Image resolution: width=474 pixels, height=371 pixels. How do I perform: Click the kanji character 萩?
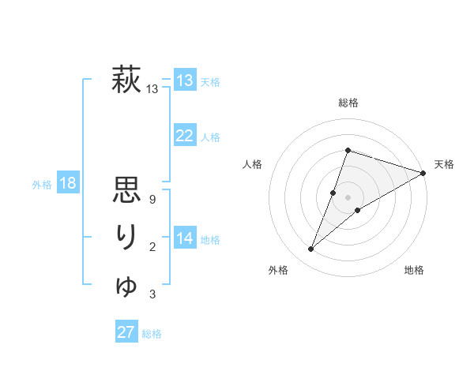(127, 81)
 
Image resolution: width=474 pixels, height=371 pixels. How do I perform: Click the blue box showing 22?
(184, 136)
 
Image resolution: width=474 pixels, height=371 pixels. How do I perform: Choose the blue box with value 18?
(68, 184)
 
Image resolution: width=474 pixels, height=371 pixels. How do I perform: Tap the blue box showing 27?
(126, 332)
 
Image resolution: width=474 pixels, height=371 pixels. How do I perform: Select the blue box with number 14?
(185, 238)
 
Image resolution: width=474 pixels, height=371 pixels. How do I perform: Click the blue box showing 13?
(185, 80)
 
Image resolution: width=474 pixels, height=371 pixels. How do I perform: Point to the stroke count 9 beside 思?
(152, 200)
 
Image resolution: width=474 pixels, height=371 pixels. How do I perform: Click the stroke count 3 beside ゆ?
(152, 295)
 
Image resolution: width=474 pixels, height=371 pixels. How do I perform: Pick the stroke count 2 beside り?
(152, 248)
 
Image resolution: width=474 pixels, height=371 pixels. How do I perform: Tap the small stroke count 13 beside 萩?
(152, 90)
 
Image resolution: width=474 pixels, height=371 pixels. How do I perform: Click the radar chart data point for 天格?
(423, 173)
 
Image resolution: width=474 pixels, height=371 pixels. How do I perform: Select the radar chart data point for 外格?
(311, 249)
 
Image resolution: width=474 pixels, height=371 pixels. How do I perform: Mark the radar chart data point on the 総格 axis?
(348, 150)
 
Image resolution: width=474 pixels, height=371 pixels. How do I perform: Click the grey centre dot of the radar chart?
(348, 197)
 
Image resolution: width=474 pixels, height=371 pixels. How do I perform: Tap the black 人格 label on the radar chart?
(253, 164)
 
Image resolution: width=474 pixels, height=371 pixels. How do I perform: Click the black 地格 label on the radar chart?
(414, 271)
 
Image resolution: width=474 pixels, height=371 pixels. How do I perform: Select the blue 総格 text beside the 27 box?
(152, 334)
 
